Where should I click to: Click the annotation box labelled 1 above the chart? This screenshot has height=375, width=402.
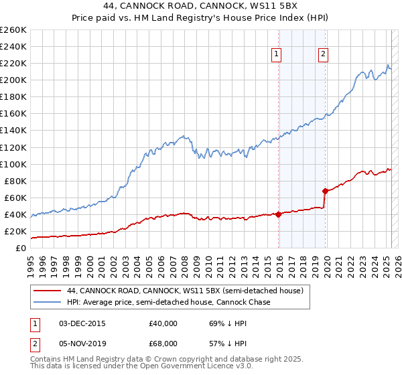tap(277, 55)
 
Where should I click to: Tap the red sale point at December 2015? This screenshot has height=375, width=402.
tap(278, 214)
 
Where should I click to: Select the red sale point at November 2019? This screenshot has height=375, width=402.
tap(325, 191)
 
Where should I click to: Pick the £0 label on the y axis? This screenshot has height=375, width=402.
tap(21, 248)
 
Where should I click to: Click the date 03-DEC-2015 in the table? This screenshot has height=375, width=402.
tap(82, 323)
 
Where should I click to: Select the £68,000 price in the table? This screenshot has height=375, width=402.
tap(163, 343)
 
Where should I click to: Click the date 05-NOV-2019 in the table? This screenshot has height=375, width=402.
tap(82, 343)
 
